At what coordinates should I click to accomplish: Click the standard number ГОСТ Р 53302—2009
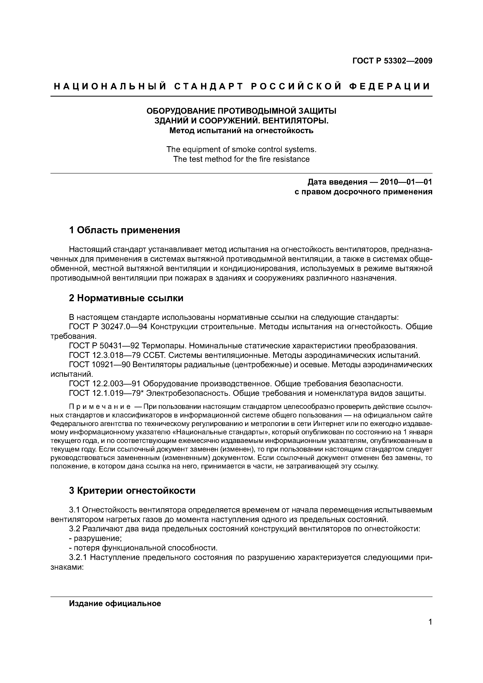(392, 61)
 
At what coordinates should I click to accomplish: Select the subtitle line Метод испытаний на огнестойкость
(241, 131)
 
